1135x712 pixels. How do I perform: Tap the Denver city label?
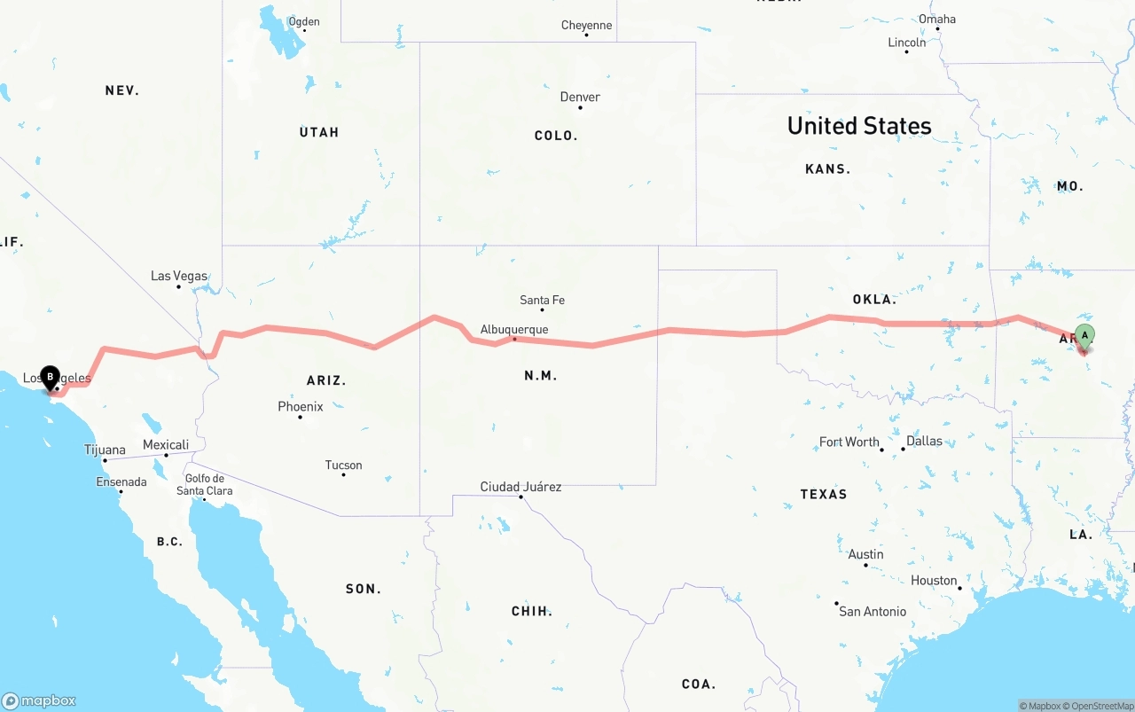(580, 97)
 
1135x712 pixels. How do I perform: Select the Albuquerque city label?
(514, 330)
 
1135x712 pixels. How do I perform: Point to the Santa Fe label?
(542, 300)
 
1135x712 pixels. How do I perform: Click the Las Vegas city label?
(179, 276)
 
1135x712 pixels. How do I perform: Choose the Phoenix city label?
(301, 406)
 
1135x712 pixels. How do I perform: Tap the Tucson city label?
(343, 465)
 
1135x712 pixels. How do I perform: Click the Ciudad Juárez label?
(521, 487)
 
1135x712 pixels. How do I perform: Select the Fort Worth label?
(849, 442)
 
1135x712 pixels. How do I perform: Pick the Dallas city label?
(924, 441)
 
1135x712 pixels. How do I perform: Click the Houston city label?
(934, 581)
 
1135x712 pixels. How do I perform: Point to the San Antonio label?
(873, 611)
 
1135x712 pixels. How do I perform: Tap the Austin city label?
(865, 554)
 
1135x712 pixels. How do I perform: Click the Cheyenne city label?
(586, 25)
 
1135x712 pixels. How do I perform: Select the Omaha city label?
(937, 19)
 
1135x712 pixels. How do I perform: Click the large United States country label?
(859, 126)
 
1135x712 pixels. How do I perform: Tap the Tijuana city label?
(105, 450)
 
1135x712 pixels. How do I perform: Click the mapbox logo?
(39, 700)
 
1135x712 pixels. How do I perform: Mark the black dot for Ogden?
(304, 31)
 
